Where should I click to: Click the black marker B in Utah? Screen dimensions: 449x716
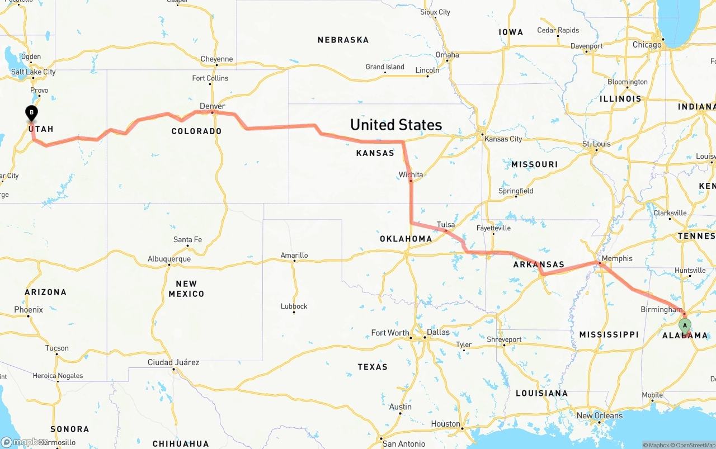tap(32, 114)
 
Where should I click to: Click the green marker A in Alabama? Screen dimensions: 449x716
tap(685, 326)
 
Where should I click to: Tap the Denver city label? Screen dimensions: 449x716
tap(213, 106)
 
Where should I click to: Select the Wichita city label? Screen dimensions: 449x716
tap(411, 174)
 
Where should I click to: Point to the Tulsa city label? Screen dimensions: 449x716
tap(446, 225)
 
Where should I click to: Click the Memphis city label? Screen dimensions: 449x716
tap(618, 258)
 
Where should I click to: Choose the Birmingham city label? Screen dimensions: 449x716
tap(661, 309)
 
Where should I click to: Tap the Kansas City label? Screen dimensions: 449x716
tap(503, 139)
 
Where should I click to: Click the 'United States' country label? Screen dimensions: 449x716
tap(396, 124)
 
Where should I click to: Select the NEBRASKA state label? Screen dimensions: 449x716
tap(343, 40)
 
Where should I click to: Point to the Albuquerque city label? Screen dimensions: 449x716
tap(169, 259)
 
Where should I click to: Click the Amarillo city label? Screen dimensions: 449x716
tap(294, 256)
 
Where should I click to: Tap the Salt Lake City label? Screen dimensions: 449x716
tap(34, 72)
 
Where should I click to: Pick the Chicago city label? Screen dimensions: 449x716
tap(647, 45)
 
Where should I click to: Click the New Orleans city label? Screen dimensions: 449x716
tap(599, 415)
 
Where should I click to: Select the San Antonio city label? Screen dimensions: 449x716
tap(404, 443)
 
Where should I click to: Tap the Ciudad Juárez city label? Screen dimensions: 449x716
tap(173, 362)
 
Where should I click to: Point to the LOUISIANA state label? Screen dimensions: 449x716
tap(541, 393)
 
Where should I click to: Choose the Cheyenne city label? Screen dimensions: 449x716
tap(216, 59)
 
